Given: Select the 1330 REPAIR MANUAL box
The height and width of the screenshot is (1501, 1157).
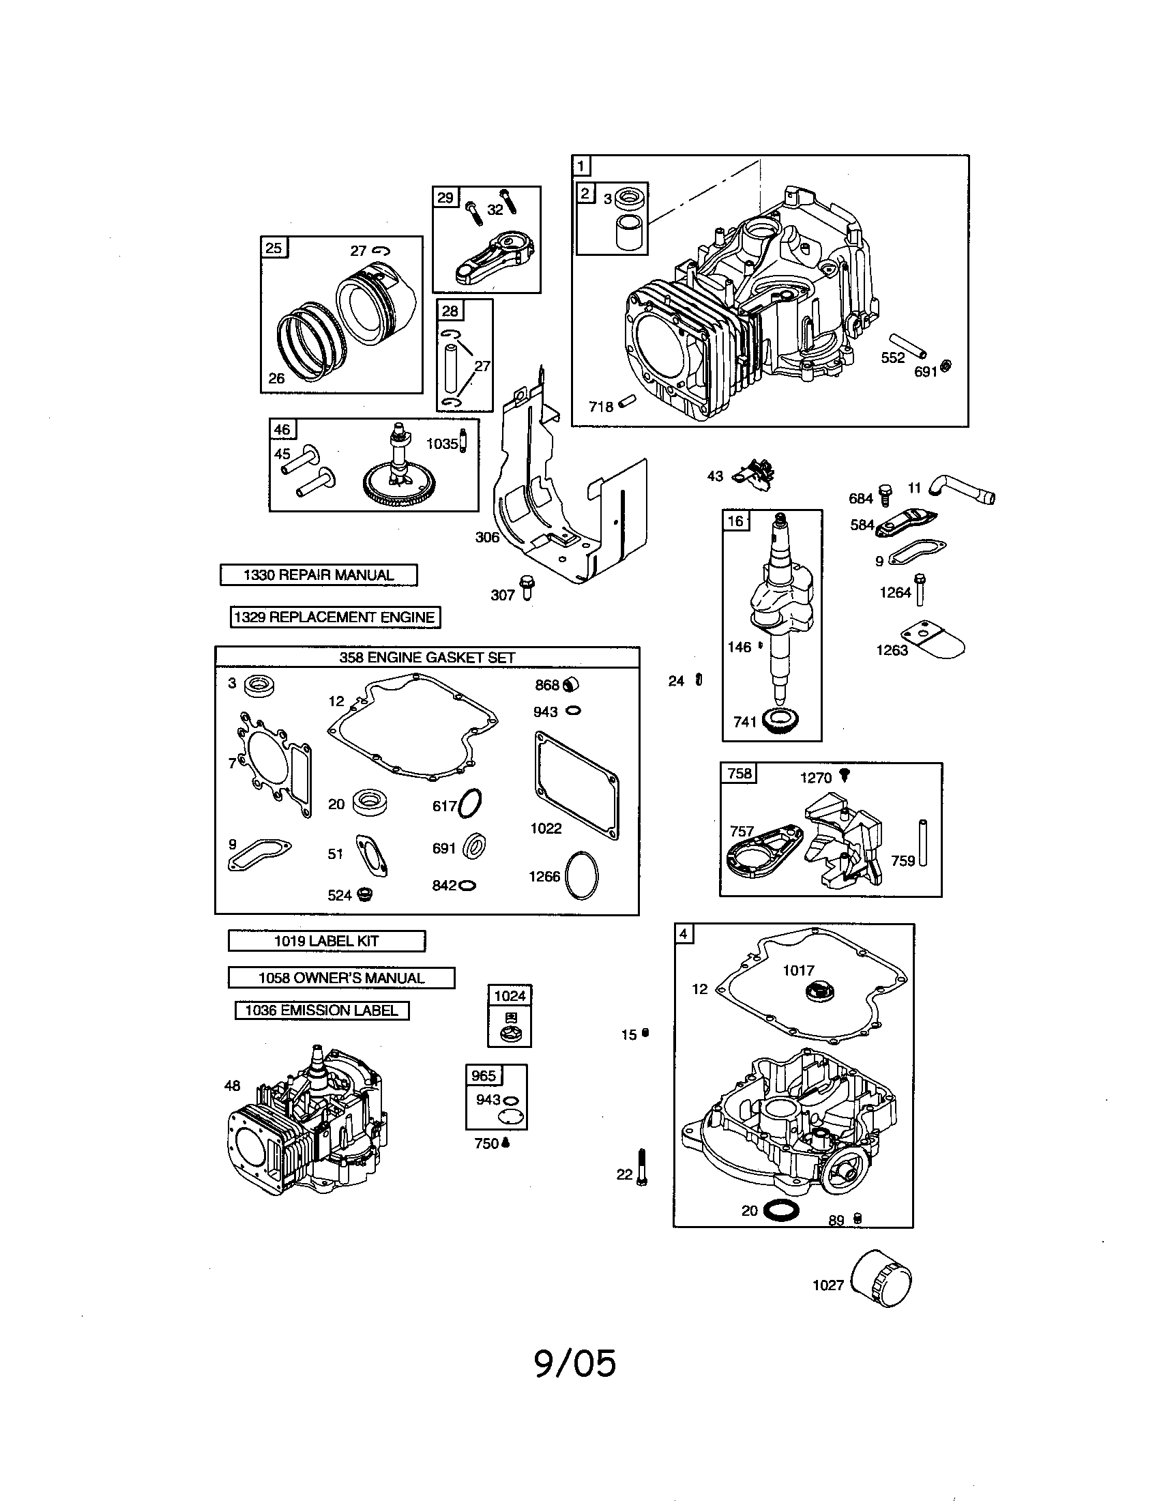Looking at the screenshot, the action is click(x=319, y=574).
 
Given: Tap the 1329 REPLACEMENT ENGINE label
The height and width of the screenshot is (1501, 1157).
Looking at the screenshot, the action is click(x=335, y=617).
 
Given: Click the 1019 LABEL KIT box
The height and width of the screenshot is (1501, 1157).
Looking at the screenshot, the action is click(x=327, y=941).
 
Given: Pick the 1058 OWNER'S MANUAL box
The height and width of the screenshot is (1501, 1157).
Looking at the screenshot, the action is click(x=342, y=978).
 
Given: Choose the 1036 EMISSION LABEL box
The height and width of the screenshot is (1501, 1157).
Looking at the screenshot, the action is click(x=322, y=1010).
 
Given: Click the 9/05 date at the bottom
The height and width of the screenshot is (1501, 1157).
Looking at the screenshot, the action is click(x=575, y=1365).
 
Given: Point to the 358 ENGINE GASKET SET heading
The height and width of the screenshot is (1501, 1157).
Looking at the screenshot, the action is click(x=427, y=657).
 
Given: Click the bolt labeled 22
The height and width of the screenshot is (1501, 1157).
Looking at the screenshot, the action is click(x=642, y=1167).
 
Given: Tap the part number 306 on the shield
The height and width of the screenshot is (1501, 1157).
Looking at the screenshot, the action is click(x=487, y=538).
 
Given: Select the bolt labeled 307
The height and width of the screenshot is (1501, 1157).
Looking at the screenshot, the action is click(x=527, y=587).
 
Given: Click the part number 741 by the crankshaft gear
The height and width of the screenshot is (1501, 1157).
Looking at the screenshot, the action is click(x=745, y=722).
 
